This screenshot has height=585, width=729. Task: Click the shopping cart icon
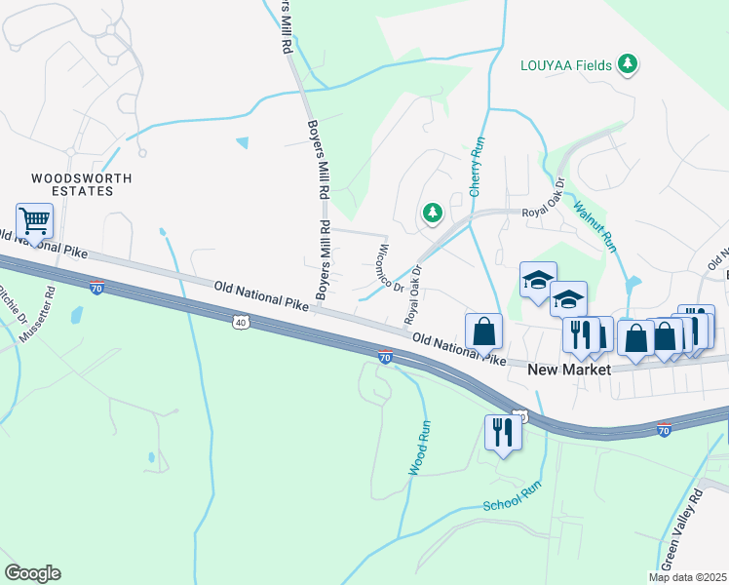(34, 222)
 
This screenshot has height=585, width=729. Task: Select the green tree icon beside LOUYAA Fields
(629, 65)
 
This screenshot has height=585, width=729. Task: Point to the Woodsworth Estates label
(72, 184)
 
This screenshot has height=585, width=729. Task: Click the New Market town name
(568, 370)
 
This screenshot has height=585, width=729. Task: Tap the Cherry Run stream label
(477, 167)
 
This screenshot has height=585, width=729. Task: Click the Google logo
(32, 573)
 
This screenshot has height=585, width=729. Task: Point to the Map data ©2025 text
(687, 577)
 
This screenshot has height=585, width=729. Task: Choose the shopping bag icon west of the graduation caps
(483, 331)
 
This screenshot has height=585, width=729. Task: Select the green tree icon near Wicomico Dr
(431, 212)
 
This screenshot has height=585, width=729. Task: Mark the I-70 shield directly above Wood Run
(386, 358)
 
